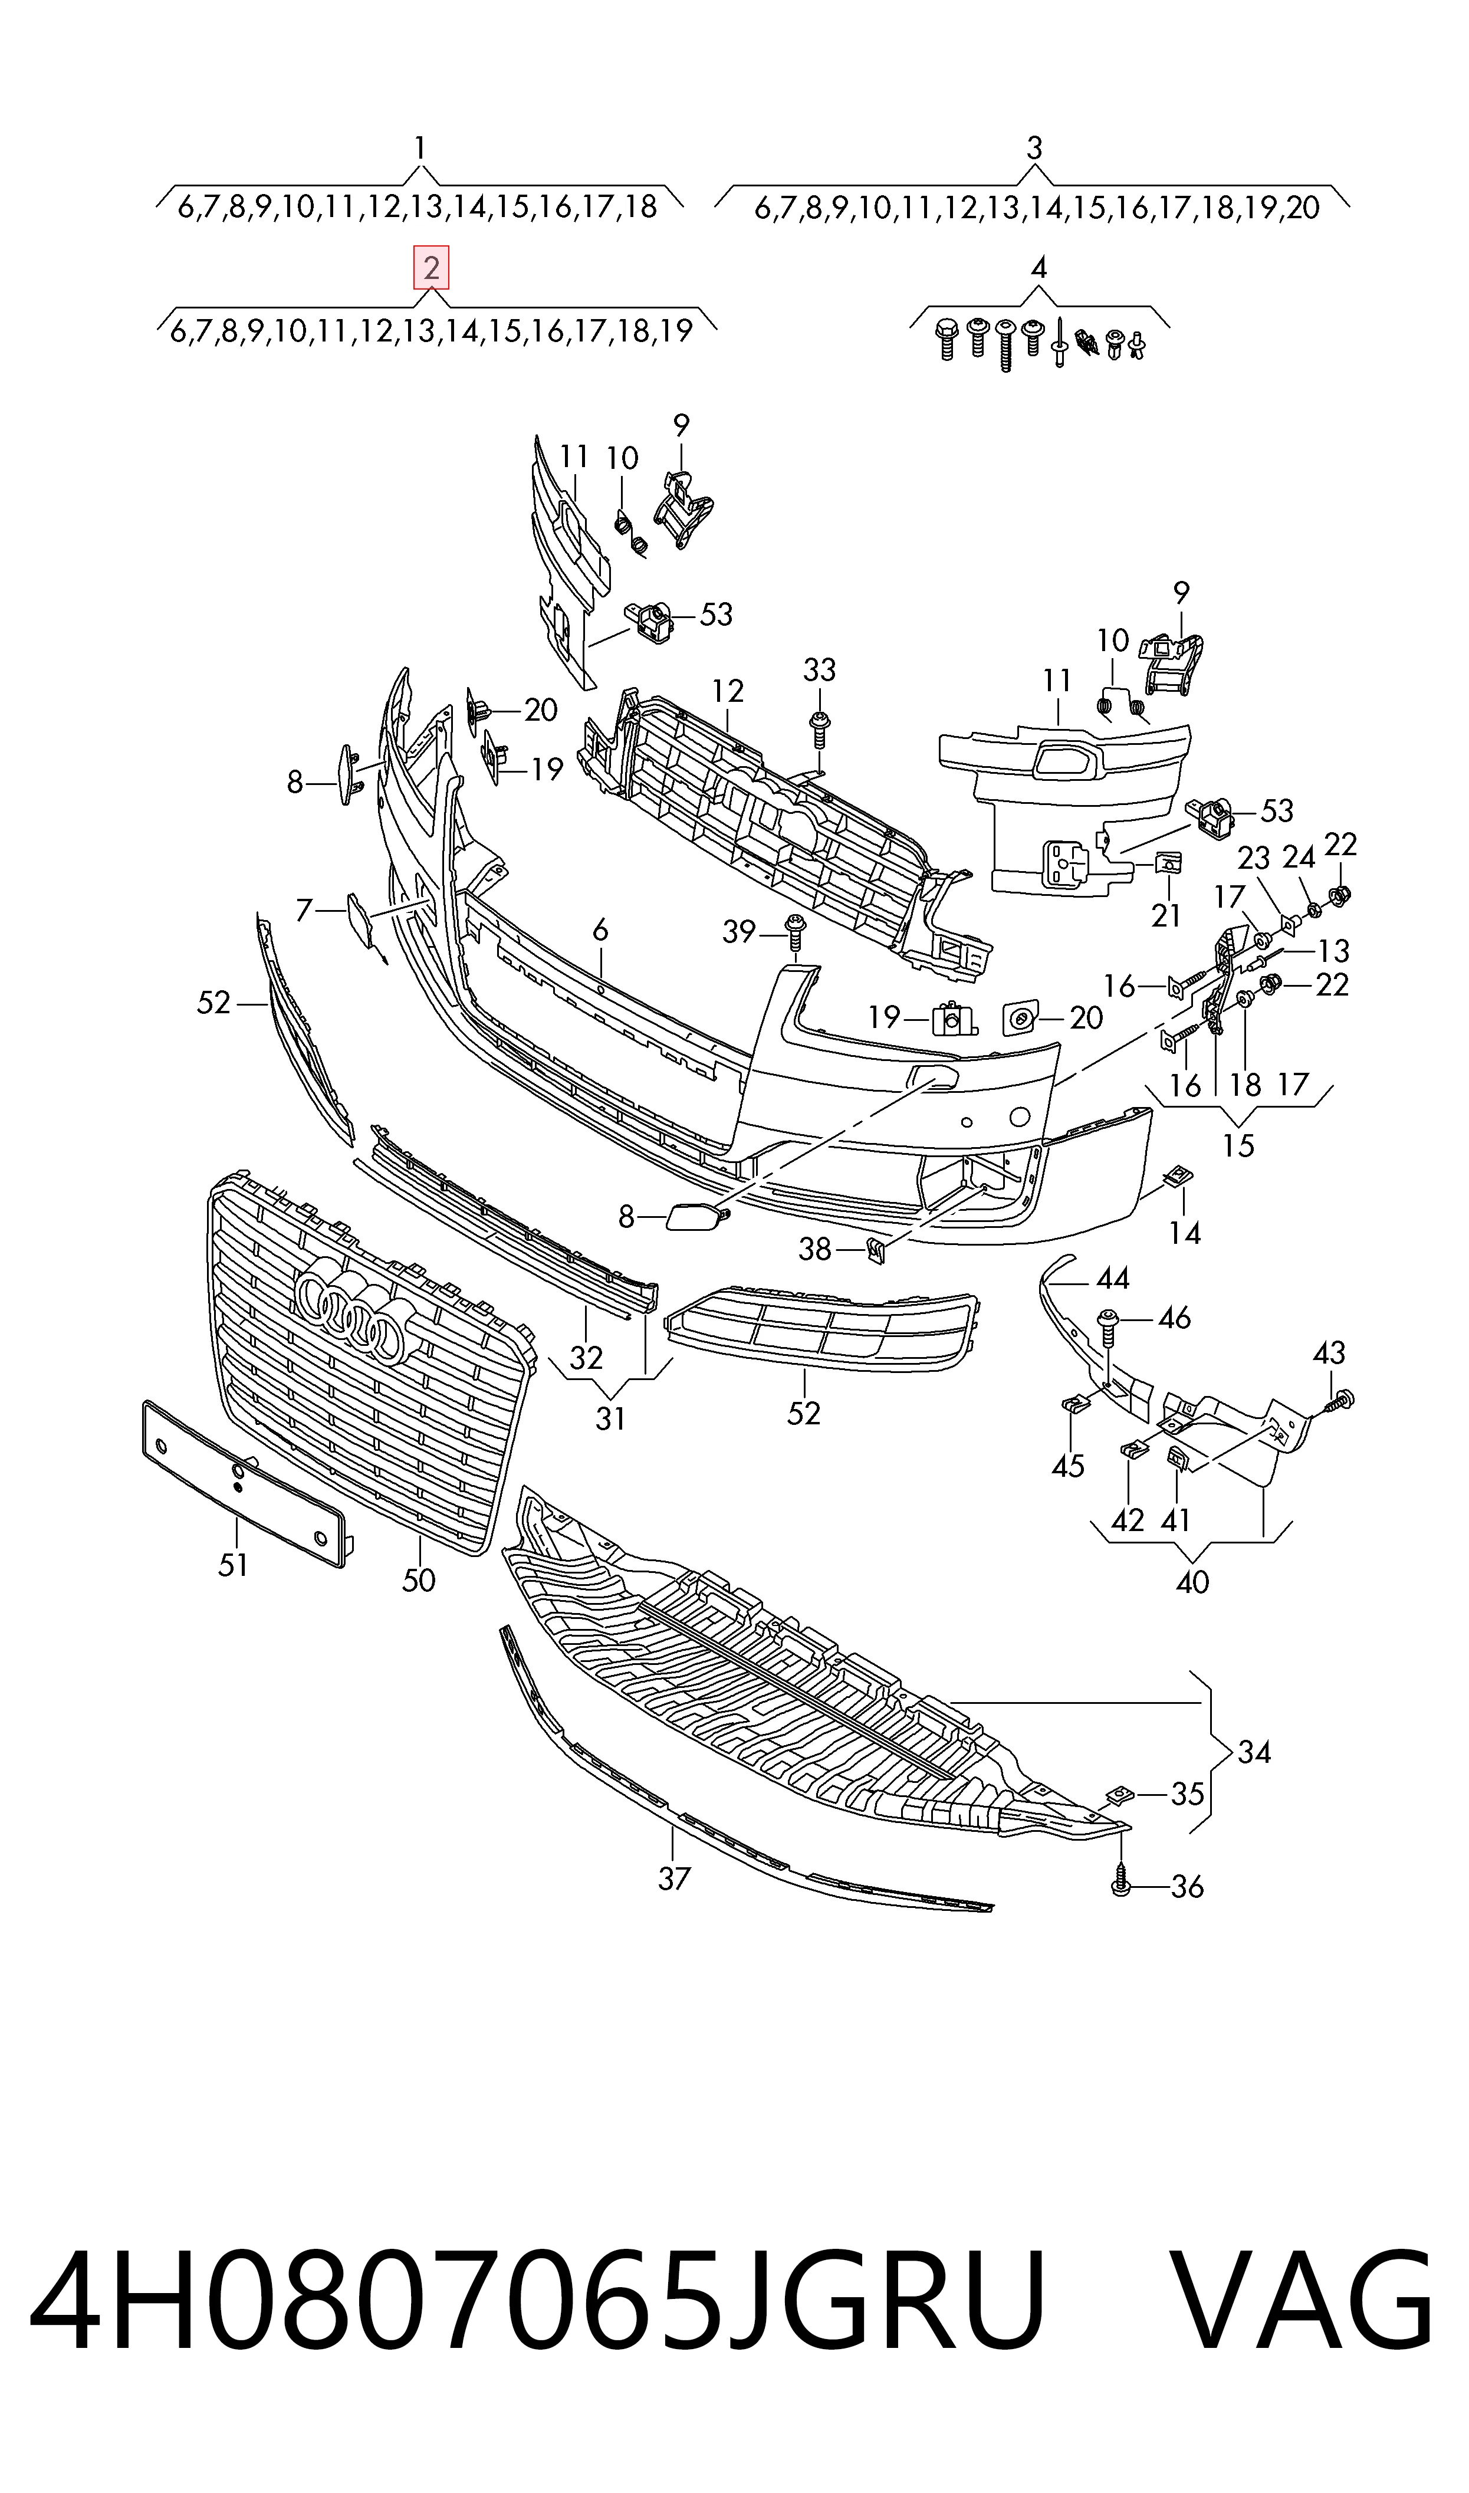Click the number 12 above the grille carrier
point(728,690)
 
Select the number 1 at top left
point(420,149)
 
